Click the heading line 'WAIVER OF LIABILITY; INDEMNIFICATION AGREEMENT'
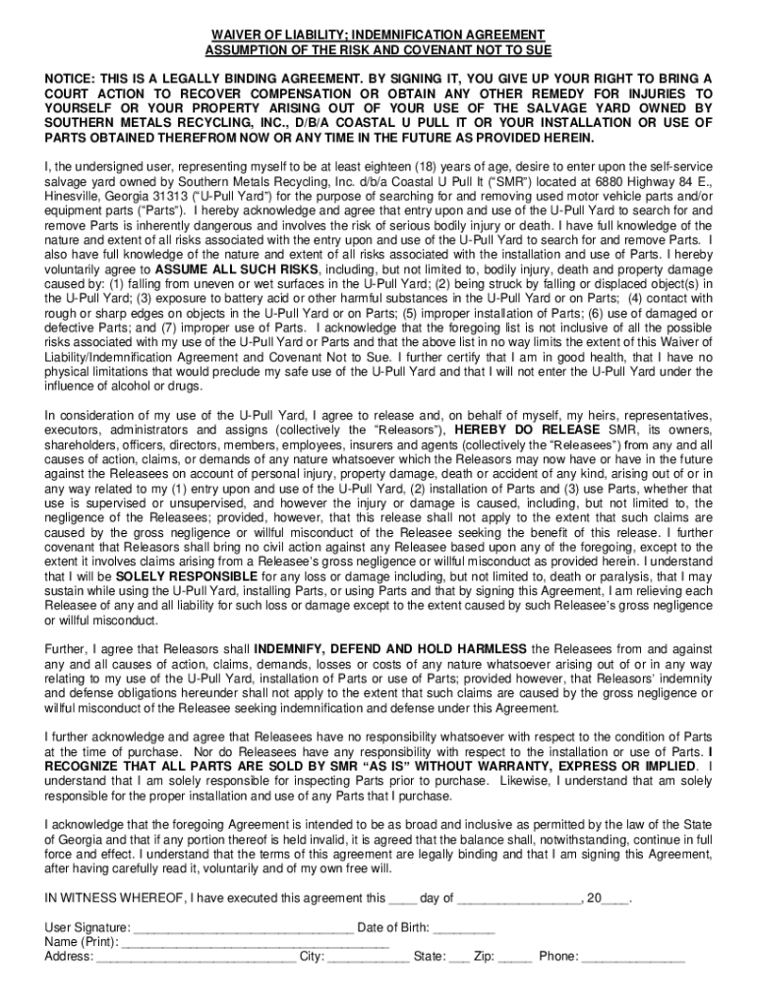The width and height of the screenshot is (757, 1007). pos(378,34)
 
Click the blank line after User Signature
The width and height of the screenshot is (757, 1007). pos(244,927)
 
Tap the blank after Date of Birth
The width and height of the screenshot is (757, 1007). pos(464,927)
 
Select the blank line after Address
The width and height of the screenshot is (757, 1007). pos(196,955)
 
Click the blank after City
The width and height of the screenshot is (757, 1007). pos(368,955)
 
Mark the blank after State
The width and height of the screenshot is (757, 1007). pos(458,955)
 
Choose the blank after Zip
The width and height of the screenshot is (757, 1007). pos(514,955)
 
